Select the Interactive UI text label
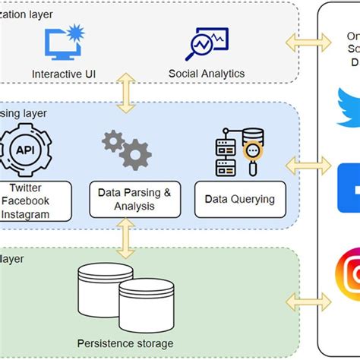(x=68, y=74)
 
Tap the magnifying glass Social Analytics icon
(x=206, y=43)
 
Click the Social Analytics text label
(x=206, y=74)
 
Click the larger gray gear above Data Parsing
(x=134, y=155)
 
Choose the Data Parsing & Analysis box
(x=134, y=199)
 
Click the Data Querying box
(x=240, y=199)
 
